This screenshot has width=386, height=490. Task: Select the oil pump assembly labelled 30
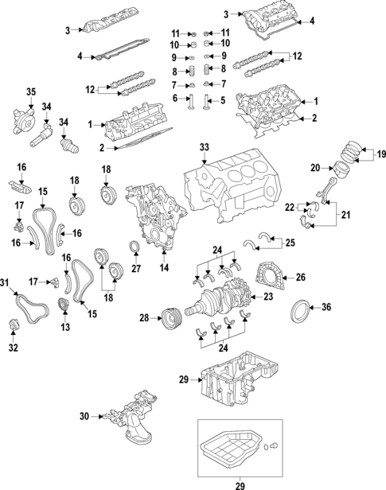131,419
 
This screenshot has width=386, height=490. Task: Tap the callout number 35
32,92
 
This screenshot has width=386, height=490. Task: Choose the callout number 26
299,278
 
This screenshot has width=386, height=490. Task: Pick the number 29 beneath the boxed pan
240,484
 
